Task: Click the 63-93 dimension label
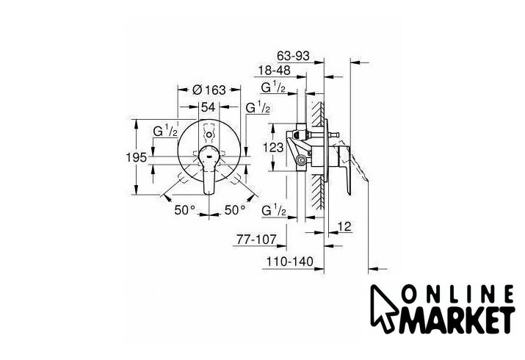(x=293, y=56)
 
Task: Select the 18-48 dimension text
(x=274, y=71)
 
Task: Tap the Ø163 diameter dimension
(x=209, y=90)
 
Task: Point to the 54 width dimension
(x=208, y=107)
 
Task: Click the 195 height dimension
(x=137, y=157)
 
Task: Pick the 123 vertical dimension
(x=273, y=148)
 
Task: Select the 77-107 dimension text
(x=257, y=240)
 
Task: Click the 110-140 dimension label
(x=289, y=262)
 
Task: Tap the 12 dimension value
(x=344, y=227)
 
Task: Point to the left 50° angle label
(x=184, y=210)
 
